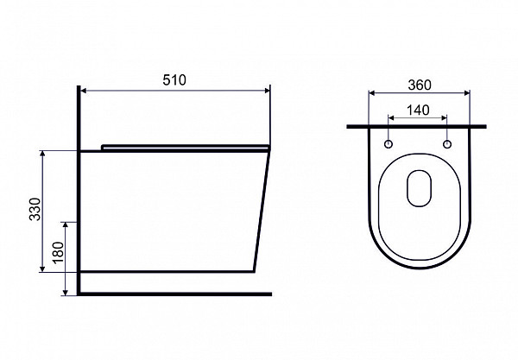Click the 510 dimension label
click(174, 80)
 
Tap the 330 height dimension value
click(35, 209)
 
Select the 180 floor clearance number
click(58, 252)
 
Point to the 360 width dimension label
click(420, 85)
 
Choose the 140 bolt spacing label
click(418, 110)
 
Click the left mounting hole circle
click(388, 144)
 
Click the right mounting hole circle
click(447, 144)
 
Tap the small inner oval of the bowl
click(420, 188)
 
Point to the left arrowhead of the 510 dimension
click(84, 91)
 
